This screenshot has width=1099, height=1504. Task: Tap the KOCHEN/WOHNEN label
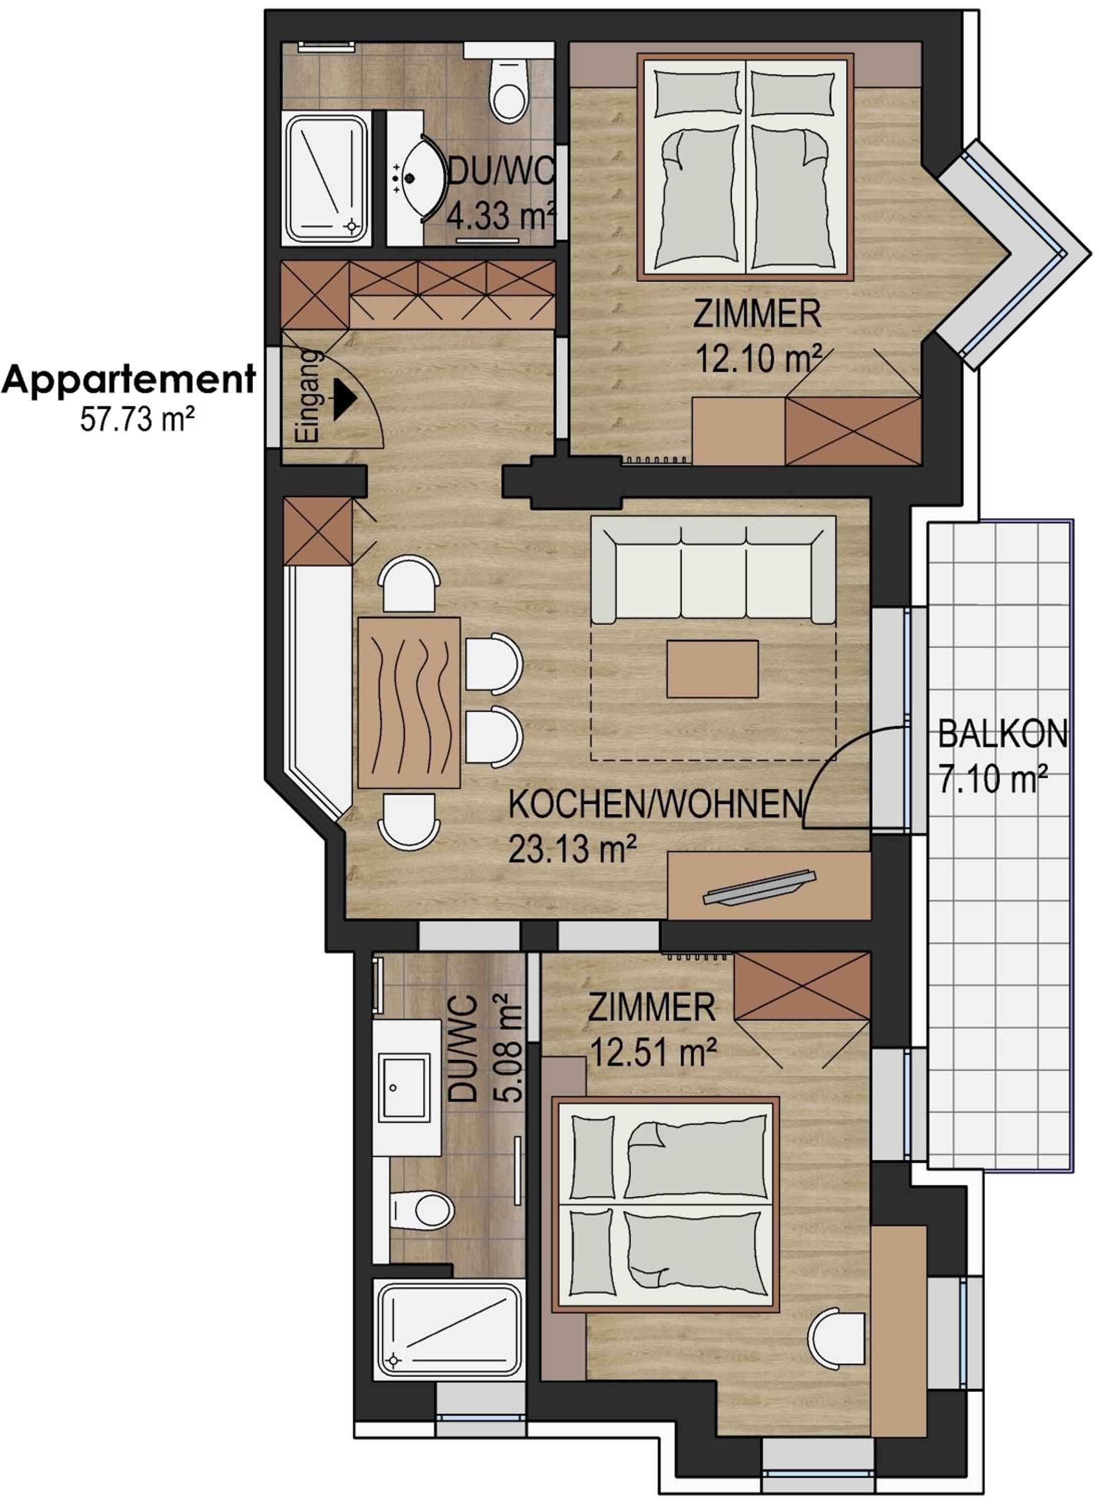[656, 804]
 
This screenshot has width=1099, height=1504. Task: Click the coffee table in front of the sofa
[712, 668]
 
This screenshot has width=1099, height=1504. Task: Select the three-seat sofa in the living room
[714, 570]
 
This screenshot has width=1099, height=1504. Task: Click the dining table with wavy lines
[409, 703]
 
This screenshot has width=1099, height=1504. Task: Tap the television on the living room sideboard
[759, 887]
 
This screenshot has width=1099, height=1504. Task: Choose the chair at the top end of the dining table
[409, 585]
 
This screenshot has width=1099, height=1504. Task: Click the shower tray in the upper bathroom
[327, 177]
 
